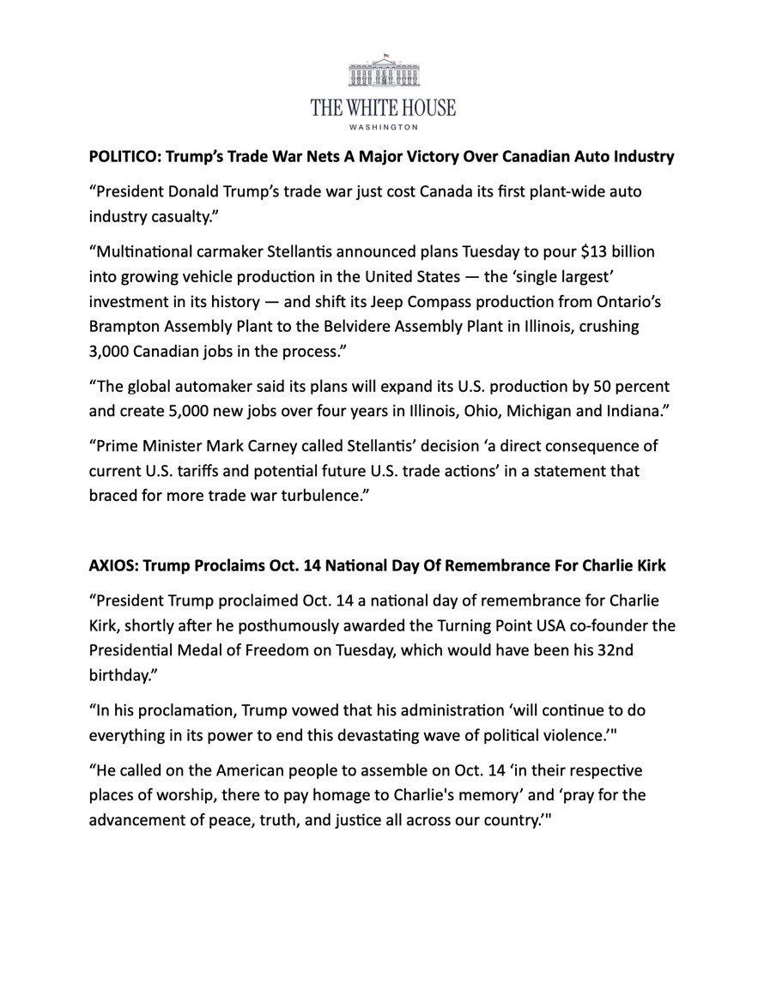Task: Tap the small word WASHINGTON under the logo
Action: coord(384,127)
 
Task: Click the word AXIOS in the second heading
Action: coord(112,566)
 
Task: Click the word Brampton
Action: coord(122,326)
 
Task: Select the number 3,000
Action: coord(111,350)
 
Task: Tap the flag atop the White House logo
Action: coord(386,56)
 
